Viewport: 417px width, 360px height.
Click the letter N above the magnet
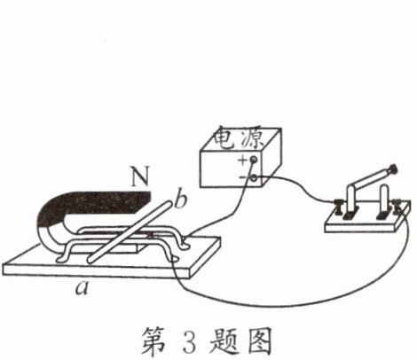pos(140,176)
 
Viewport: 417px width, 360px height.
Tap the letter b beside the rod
pos(180,200)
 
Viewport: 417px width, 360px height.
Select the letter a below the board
pos(82,288)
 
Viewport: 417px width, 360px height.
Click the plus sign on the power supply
pos(242,160)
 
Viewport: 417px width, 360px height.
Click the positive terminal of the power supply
pos(253,160)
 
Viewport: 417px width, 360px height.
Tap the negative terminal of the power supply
pos(254,178)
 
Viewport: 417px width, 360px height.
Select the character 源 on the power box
pos(251,138)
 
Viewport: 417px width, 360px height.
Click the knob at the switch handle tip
pos(393,169)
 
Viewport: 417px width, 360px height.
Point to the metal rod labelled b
pos(130,231)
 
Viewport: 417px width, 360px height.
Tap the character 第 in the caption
pos(153,340)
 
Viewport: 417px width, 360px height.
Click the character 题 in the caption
pos(224,340)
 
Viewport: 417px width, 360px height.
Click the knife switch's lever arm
pos(370,182)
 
